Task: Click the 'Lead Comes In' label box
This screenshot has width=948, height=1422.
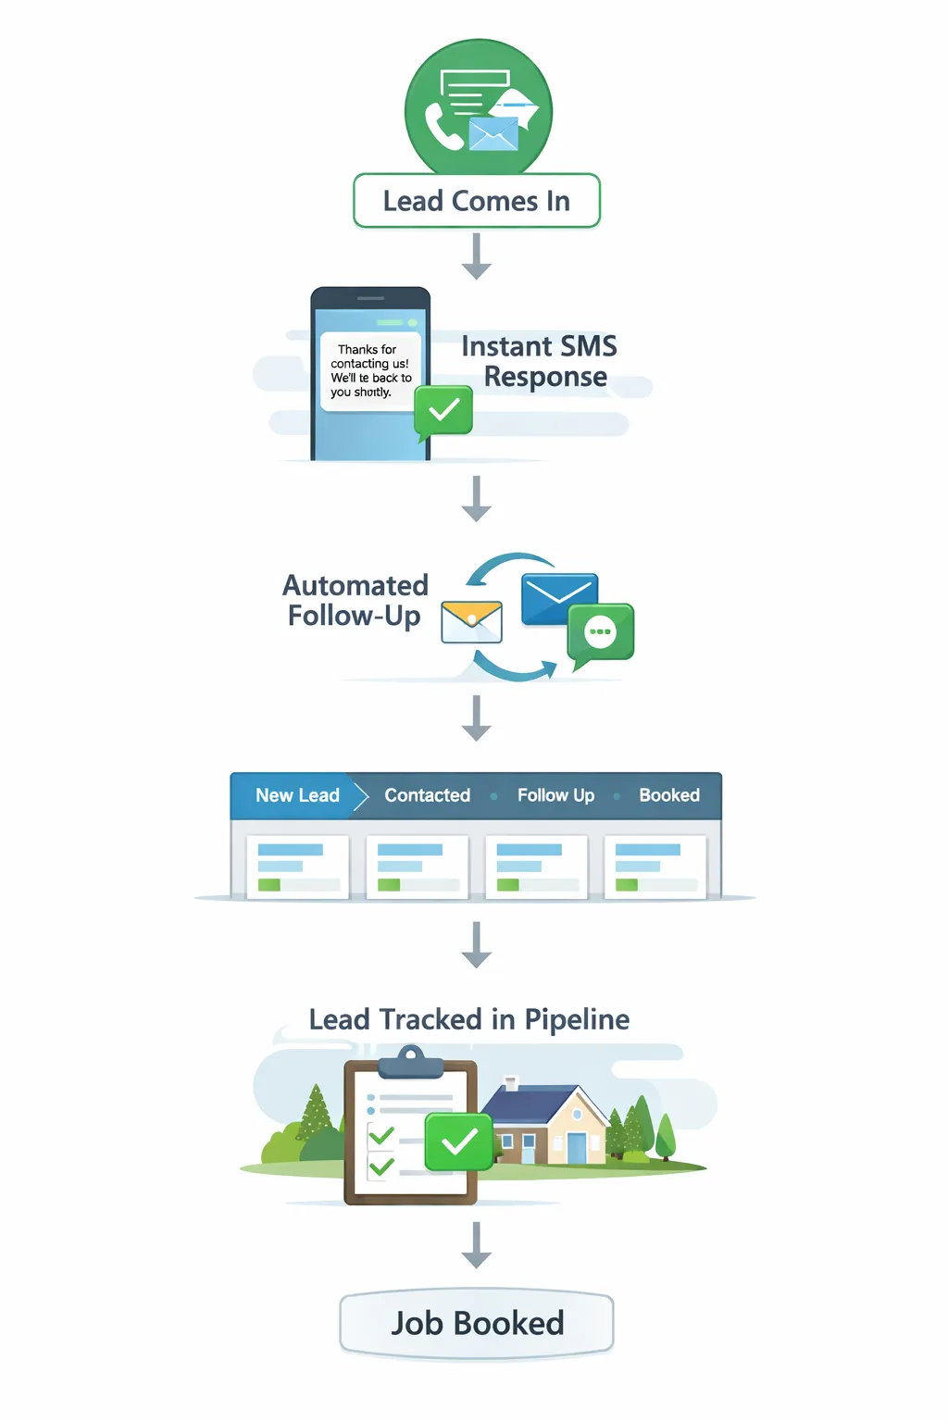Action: [476, 201]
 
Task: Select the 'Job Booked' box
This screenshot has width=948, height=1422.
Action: [476, 1323]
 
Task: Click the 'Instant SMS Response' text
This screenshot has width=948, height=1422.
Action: [540, 361]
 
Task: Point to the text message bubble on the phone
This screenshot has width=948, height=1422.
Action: [369, 371]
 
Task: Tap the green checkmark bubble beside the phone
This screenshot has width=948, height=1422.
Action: [443, 410]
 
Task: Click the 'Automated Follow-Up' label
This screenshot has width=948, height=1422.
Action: [355, 600]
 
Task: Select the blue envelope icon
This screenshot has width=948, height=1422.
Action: [559, 599]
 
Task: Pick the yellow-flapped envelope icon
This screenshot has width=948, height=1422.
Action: [471, 621]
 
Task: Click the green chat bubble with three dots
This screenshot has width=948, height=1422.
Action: [601, 632]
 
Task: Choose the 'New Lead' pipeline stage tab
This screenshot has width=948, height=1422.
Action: [296, 795]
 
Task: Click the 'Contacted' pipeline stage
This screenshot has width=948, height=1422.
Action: [427, 795]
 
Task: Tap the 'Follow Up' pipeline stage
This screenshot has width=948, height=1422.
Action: [555, 795]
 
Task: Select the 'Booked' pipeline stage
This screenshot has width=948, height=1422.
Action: [668, 795]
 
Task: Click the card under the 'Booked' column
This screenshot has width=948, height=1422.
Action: [655, 867]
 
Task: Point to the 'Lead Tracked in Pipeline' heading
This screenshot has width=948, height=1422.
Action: [469, 1019]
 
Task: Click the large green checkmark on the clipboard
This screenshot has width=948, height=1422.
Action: [458, 1142]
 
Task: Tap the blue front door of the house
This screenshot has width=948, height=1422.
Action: [576, 1147]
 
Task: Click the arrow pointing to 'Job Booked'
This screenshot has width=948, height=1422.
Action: [476, 1245]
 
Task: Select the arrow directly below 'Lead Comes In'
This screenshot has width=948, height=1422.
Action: [476, 256]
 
